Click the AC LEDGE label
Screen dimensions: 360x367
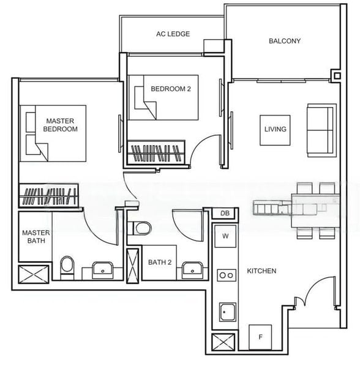(x=173, y=34)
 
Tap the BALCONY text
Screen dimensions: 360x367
(x=285, y=41)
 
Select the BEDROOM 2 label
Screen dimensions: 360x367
(x=171, y=89)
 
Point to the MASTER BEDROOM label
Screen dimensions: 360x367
(x=60, y=125)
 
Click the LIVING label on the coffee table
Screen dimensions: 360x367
(x=276, y=129)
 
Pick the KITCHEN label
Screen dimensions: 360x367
(x=261, y=271)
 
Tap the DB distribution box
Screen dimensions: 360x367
(x=225, y=213)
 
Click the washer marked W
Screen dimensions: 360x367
(x=225, y=236)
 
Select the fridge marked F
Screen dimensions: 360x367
(x=260, y=337)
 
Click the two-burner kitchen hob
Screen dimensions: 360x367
(x=227, y=275)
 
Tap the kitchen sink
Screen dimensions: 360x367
(x=227, y=312)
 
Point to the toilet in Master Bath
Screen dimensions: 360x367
(x=67, y=267)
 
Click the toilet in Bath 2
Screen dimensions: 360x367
(x=140, y=228)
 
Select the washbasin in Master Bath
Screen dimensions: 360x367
(x=103, y=270)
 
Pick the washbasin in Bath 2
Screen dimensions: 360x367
(x=192, y=270)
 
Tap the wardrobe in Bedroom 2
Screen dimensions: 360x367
(x=156, y=153)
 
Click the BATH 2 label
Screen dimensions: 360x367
(x=160, y=262)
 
